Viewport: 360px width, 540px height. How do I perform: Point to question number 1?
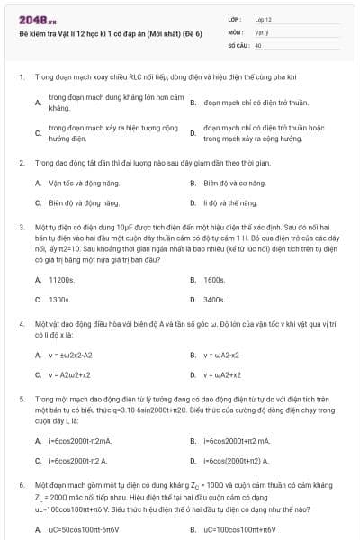[21, 77]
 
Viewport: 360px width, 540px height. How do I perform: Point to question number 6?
[21, 482]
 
